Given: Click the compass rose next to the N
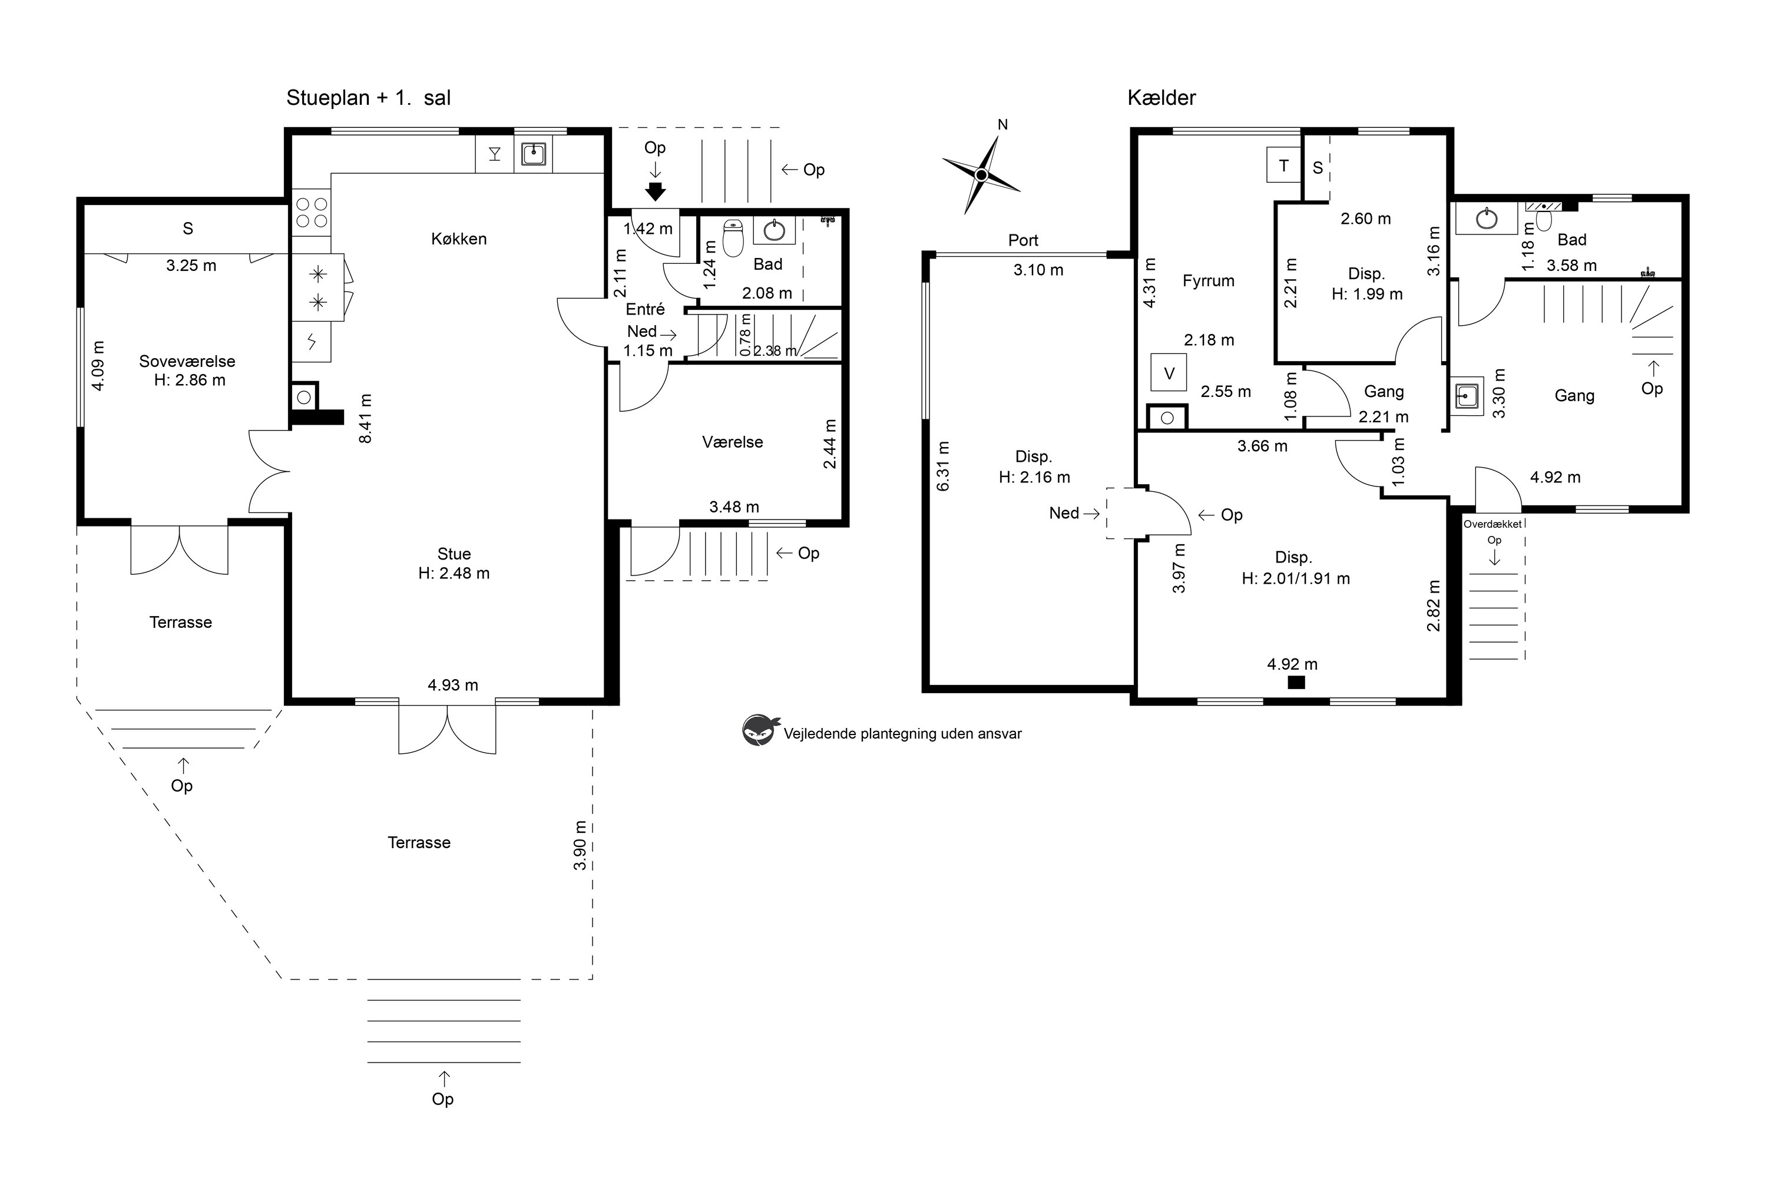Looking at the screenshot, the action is [x=981, y=175].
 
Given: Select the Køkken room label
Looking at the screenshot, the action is [x=458, y=239].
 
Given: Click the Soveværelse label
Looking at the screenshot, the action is [x=187, y=362].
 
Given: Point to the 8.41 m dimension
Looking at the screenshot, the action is [x=365, y=418].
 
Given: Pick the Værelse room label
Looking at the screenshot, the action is [x=733, y=442].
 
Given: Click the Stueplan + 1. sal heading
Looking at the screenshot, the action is [x=368, y=98].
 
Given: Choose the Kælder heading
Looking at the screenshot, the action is [x=1162, y=98].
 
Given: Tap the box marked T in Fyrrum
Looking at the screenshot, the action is [x=1283, y=166].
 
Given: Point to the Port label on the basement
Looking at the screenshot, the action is [x=1023, y=240].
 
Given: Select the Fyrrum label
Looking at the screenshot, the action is [x=1208, y=281].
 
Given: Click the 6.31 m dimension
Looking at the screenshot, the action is [x=943, y=466].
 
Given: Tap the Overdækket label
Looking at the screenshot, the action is [x=1492, y=524].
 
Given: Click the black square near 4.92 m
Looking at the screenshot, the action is [x=1296, y=682].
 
